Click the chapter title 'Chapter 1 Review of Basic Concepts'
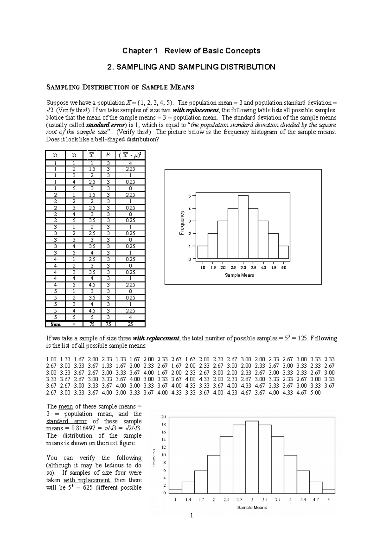[x=191, y=51]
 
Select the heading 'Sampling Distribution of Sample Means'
[x=120, y=87]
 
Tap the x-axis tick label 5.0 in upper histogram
[x=283, y=267]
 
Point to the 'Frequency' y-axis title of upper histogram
[x=182, y=223]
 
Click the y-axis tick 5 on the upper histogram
[x=190, y=196]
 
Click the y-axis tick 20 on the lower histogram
[x=163, y=417]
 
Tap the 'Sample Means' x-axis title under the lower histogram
[x=252, y=507]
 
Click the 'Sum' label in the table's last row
[x=56, y=324]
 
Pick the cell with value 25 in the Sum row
[x=130, y=324]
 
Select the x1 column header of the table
[x=55, y=155]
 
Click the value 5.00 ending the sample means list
[x=315, y=393]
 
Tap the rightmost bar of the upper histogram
[x=283, y=252]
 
